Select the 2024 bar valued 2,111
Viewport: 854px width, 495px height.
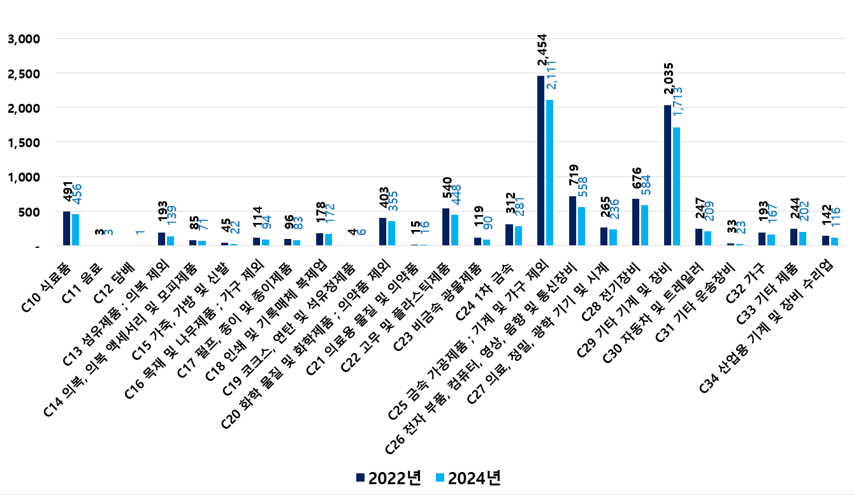pos(549,173)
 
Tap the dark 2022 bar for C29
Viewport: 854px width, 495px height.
pos(667,175)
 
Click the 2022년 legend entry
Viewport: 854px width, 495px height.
pos(388,478)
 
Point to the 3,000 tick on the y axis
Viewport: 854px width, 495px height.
pos(24,39)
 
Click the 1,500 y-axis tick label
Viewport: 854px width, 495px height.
pos(24,143)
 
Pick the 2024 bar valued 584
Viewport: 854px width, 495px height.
pos(644,225)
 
